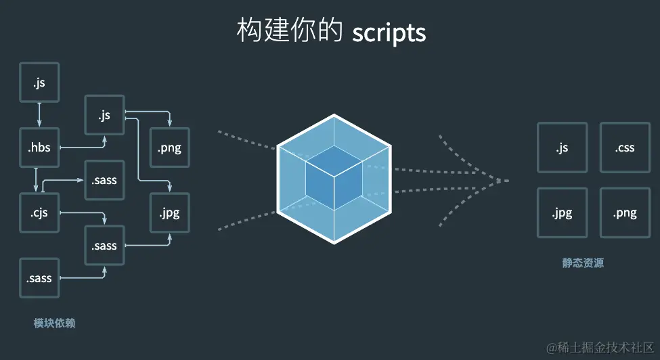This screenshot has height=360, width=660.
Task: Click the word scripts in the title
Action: click(x=389, y=32)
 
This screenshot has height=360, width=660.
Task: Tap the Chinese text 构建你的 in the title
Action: click(x=290, y=31)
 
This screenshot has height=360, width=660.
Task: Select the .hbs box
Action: click(x=39, y=147)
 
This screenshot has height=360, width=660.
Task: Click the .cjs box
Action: click(x=39, y=212)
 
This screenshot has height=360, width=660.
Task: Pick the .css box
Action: click(x=625, y=147)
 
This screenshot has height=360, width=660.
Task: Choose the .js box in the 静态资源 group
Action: click(x=562, y=147)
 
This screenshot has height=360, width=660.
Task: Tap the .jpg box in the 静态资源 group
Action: click(x=562, y=212)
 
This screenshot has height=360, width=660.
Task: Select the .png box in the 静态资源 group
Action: click(x=625, y=212)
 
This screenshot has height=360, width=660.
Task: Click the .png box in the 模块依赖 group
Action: click(x=169, y=148)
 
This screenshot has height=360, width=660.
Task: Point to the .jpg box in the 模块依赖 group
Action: click(x=169, y=212)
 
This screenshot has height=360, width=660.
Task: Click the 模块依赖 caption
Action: click(x=54, y=323)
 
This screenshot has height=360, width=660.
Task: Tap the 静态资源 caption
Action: click(x=583, y=263)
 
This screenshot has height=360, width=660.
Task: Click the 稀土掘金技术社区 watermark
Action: click(x=600, y=347)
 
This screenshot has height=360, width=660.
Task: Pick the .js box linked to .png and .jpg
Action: click(x=104, y=115)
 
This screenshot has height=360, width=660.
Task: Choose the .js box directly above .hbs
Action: click(x=39, y=83)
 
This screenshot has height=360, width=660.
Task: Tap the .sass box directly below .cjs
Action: click(x=39, y=278)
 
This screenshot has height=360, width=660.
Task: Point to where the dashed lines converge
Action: click(x=506, y=180)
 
